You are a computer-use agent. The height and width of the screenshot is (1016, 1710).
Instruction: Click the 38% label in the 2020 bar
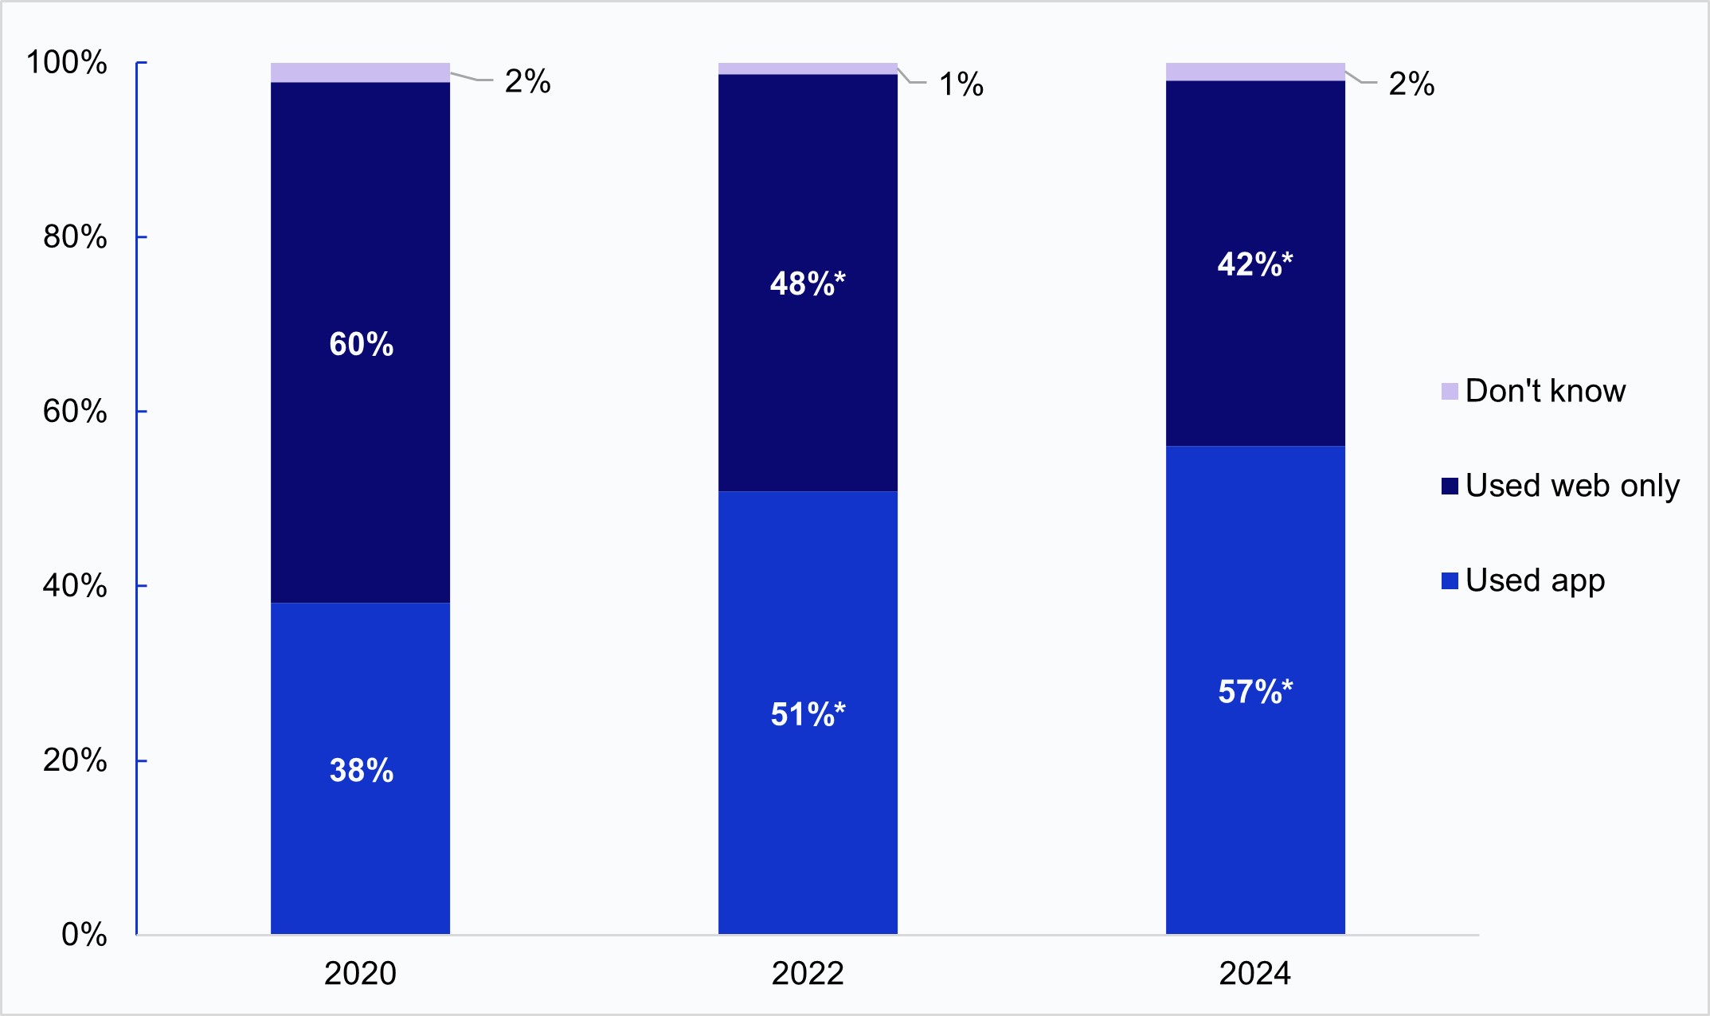pyautogui.click(x=361, y=770)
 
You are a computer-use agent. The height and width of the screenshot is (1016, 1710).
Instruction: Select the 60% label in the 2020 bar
pyautogui.click(x=361, y=344)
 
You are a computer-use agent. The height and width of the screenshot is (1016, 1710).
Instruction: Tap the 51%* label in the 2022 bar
pyautogui.click(x=807, y=713)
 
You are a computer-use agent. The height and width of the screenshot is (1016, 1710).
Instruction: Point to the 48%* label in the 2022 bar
pyautogui.click(x=807, y=283)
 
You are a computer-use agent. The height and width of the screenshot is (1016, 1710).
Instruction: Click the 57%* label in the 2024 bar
pyautogui.click(x=1254, y=691)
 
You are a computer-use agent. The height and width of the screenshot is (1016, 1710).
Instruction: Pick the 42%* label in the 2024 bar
pyautogui.click(x=1254, y=264)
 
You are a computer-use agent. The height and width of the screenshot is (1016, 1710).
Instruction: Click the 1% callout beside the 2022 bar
pyautogui.click(x=961, y=84)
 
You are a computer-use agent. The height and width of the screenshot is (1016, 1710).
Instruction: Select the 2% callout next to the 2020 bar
pyautogui.click(x=527, y=81)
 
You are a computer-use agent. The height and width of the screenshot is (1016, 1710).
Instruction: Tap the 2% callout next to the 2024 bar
pyautogui.click(x=1411, y=84)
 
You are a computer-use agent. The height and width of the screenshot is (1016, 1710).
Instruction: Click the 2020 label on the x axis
pyautogui.click(x=360, y=973)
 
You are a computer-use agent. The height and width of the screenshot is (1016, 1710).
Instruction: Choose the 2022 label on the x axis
pyautogui.click(x=808, y=973)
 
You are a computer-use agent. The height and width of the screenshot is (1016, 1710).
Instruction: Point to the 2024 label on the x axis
pyautogui.click(x=1254, y=973)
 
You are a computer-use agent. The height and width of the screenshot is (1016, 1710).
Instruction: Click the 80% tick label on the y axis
pyautogui.click(x=74, y=236)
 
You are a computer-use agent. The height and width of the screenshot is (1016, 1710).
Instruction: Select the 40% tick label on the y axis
pyautogui.click(x=74, y=585)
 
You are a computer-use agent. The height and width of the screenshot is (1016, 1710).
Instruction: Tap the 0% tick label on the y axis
pyautogui.click(x=84, y=934)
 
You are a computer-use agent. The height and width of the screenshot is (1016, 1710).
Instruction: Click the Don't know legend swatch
pyautogui.click(x=1450, y=391)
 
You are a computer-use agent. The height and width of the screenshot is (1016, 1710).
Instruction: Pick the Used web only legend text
pyautogui.click(x=1571, y=486)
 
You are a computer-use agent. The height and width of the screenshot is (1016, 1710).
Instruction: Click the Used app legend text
pyautogui.click(x=1534, y=580)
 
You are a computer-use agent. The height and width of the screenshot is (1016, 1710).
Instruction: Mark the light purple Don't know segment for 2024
pyautogui.click(x=1255, y=72)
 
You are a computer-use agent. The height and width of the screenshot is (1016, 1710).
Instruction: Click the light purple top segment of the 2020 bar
pyautogui.click(x=360, y=72)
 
